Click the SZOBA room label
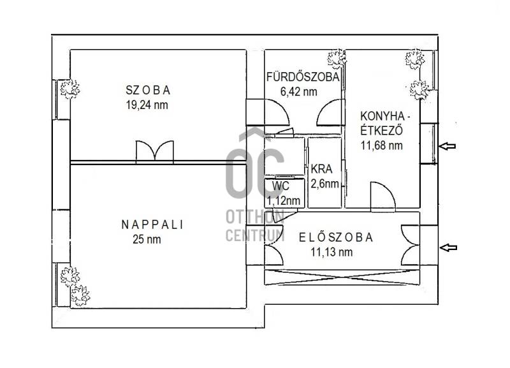tap(148, 90)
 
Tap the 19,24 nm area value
tap(147, 105)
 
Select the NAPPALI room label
tap(152, 224)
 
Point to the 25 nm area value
tap(147, 239)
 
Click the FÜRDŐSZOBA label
tap(303, 77)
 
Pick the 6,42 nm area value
tap(299, 91)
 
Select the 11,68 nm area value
tap(381, 145)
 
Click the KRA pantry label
tap(321, 169)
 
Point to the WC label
tap(280, 186)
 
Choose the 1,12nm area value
tap(283, 201)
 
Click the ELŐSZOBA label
tap(336, 237)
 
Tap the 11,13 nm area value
tap(331, 252)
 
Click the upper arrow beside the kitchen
tap(448, 146)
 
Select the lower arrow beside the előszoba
tap(449, 247)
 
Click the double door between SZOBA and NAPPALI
tap(155, 151)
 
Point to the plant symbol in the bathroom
tap(337, 59)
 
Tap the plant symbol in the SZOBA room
tap(69, 89)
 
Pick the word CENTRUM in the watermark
tap(255, 235)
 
